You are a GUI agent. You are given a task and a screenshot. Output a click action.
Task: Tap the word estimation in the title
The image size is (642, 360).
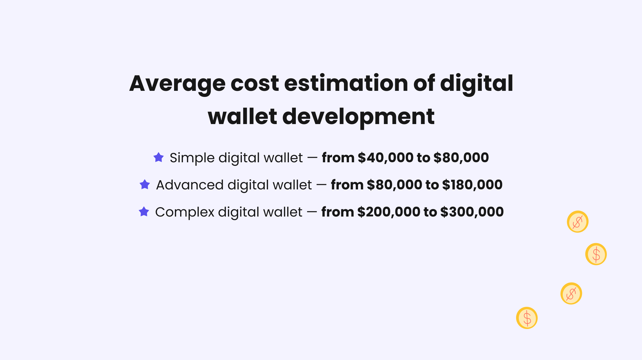click(x=346, y=83)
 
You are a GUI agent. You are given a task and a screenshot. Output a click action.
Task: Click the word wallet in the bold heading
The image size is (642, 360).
click(x=242, y=117)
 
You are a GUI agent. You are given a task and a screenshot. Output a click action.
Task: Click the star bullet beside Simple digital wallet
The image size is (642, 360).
click(x=159, y=157)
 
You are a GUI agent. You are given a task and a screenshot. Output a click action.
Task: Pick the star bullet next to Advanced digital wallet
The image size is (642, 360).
click(x=145, y=184)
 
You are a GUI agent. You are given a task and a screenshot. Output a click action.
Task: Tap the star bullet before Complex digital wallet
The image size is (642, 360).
click(x=144, y=212)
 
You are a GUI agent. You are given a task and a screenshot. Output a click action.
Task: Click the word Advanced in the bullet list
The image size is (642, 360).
click(x=190, y=185)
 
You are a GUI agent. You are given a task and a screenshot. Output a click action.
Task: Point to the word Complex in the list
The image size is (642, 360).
click(x=185, y=213)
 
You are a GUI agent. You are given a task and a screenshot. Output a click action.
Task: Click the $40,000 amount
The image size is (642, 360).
click(x=385, y=158)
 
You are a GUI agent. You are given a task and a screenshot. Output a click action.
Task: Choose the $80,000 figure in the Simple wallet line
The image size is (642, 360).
click(x=461, y=158)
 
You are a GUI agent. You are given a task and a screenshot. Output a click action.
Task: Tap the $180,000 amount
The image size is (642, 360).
click(x=472, y=185)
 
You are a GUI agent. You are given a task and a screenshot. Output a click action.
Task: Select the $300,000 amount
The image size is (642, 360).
click(x=472, y=212)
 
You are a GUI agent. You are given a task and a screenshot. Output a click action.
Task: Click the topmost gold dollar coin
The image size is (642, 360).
click(x=578, y=222)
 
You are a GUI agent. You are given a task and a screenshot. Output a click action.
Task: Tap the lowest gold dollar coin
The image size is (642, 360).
click(x=527, y=318)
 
